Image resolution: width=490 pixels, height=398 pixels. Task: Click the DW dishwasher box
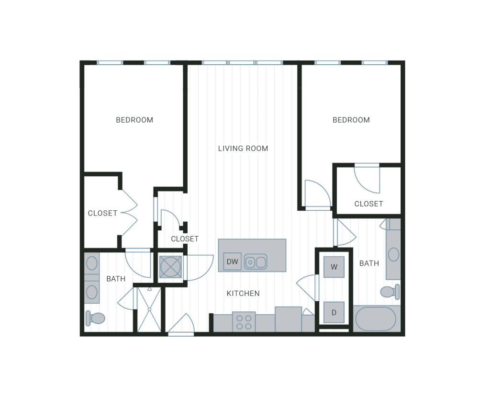[x=232, y=262]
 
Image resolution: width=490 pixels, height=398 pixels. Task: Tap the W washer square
[x=334, y=267]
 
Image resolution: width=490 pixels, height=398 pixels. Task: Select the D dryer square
[x=334, y=313]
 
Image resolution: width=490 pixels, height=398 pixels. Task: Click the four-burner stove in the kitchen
[x=244, y=321]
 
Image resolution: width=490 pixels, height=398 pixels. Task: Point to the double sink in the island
[x=256, y=262]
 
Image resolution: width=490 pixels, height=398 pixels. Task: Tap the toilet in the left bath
[x=96, y=318]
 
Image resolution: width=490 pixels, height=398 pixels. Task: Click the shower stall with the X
[x=149, y=309]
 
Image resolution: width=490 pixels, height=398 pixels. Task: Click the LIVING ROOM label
[x=243, y=148]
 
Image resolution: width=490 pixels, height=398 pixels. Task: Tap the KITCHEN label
[x=243, y=293]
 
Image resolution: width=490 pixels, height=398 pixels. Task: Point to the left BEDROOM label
[x=134, y=120]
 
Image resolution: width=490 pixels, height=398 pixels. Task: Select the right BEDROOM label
[x=351, y=120]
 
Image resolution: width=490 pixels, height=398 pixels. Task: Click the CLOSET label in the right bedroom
[x=368, y=204]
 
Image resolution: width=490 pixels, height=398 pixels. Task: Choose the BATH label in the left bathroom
[x=116, y=279]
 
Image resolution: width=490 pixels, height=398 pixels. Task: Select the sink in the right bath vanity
[x=393, y=254]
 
